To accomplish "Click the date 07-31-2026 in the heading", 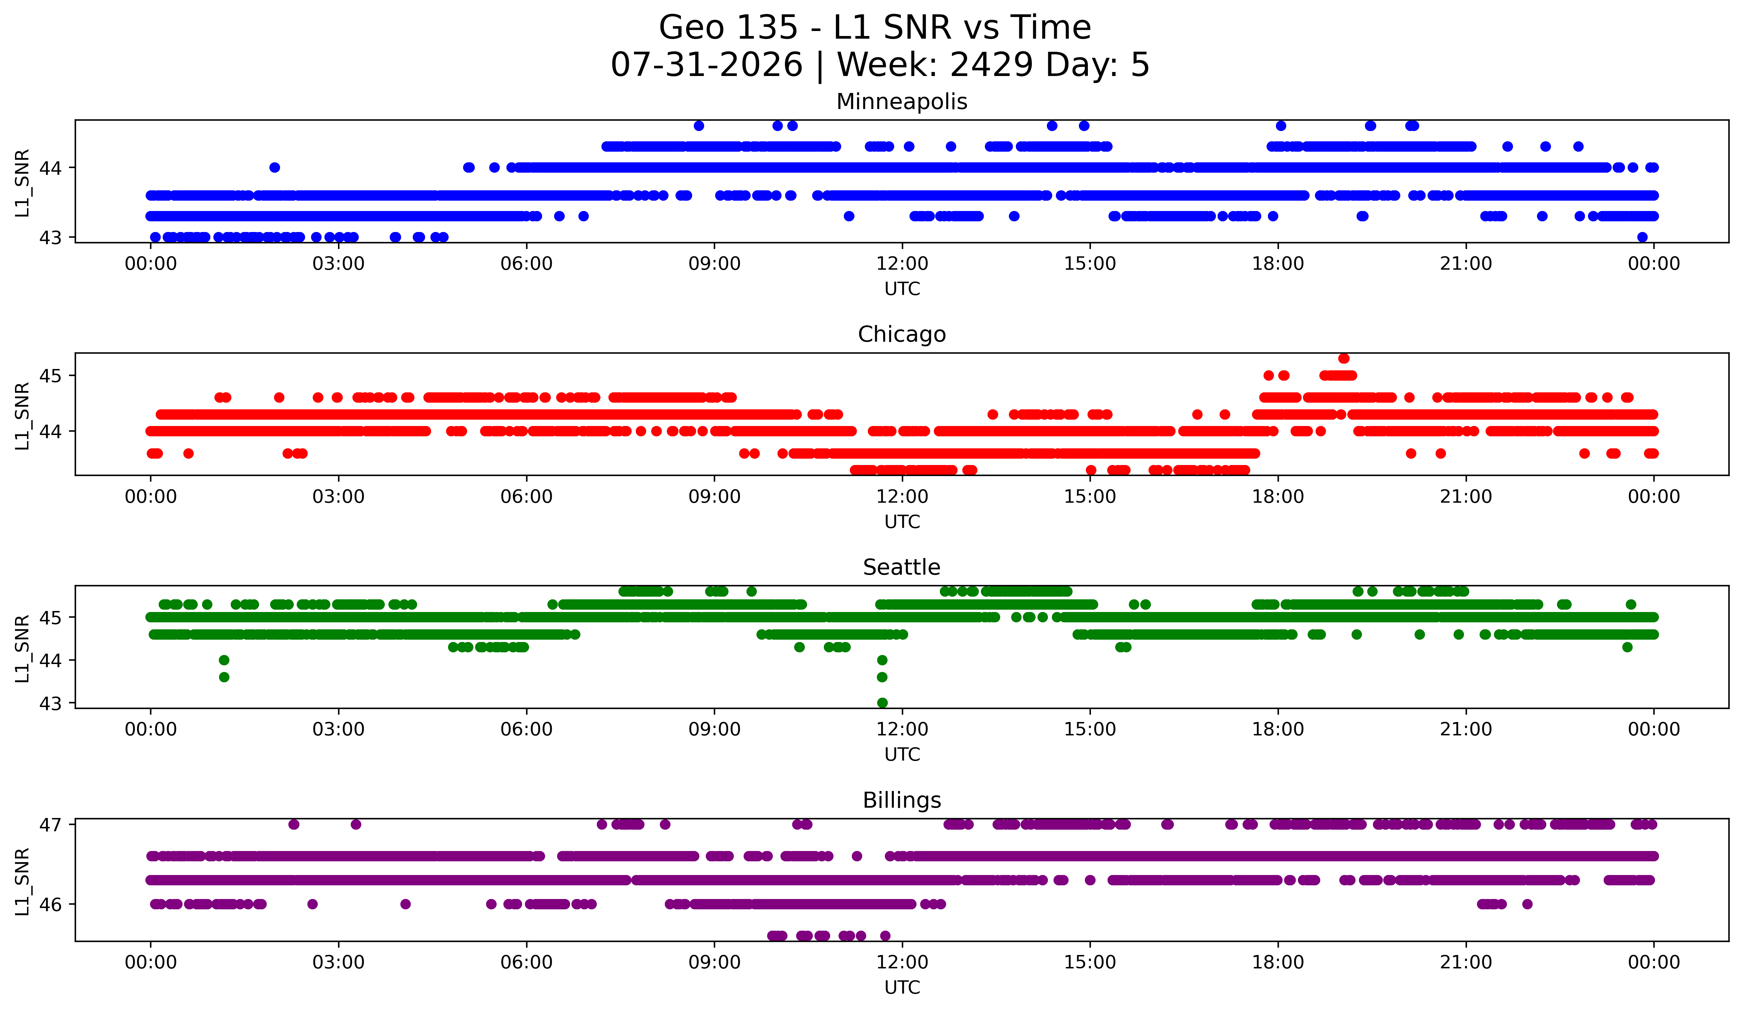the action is [706, 65].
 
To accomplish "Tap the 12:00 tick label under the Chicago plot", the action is [902, 496].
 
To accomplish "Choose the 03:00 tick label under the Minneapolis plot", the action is [339, 263].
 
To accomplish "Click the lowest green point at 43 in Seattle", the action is [882, 703].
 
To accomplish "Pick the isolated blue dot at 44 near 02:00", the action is [274, 167].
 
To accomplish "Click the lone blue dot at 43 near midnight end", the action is [1642, 237].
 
